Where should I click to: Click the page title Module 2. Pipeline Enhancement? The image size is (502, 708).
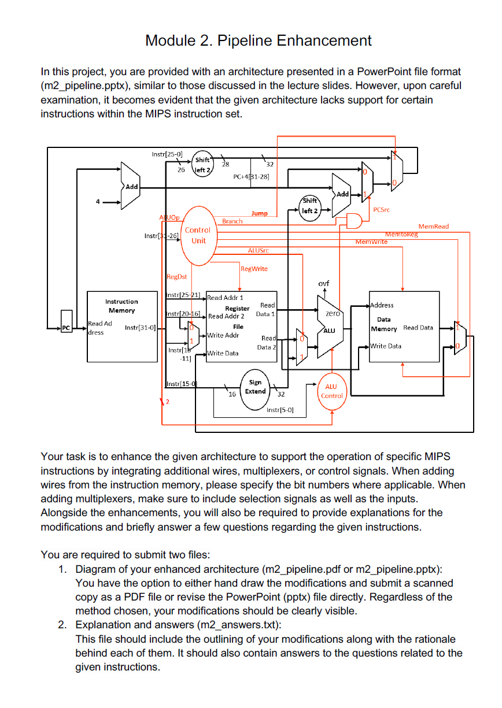tap(258, 40)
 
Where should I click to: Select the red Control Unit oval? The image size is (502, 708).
tap(198, 235)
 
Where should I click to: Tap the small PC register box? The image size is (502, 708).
tap(66, 328)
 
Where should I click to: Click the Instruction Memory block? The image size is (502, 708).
tap(121, 327)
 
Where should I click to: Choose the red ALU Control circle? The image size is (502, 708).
tap(331, 391)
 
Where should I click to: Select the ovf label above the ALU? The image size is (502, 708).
tap(324, 283)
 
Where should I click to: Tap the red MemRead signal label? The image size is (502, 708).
tap(433, 227)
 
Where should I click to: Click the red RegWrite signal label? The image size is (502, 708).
tap(254, 269)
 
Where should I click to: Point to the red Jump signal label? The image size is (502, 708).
tap(259, 213)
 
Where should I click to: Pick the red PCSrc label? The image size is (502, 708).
tap(382, 210)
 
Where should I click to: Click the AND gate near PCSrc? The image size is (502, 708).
tap(353, 221)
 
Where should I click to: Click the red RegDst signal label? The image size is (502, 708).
tap(176, 277)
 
